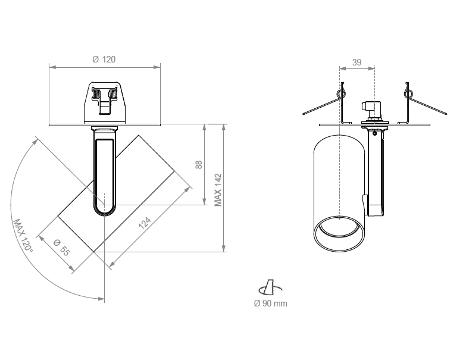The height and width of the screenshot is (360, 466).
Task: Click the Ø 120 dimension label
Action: click(x=104, y=60)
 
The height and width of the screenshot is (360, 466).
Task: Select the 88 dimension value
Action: click(x=199, y=165)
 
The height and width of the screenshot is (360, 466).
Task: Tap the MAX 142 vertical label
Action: click(x=218, y=190)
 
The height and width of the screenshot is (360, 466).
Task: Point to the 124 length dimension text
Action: click(x=145, y=223)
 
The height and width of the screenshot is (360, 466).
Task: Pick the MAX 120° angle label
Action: click(x=23, y=236)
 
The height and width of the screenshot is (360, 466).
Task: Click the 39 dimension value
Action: click(x=356, y=62)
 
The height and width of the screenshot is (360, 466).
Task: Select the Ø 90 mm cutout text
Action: click(x=270, y=303)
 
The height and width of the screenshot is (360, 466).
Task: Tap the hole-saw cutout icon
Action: click(x=270, y=287)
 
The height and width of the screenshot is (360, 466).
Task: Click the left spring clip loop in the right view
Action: click(x=342, y=94)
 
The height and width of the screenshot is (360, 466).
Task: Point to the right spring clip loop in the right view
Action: click(x=408, y=94)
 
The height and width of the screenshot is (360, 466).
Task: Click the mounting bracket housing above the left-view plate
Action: click(x=105, y=102)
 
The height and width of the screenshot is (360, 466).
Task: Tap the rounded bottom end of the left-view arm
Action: click(x=104, y=210)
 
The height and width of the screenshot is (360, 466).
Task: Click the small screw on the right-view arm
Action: click(x=375, y=133)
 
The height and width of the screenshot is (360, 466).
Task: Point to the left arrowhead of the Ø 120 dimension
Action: click(x=52, y=67)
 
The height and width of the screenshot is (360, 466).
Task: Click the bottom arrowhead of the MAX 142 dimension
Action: click(x=224, y=248)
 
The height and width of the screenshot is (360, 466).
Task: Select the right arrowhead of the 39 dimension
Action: click(x=371, y=68)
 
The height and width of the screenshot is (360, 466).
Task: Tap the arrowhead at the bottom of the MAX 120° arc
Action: click(x=101, y=298)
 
